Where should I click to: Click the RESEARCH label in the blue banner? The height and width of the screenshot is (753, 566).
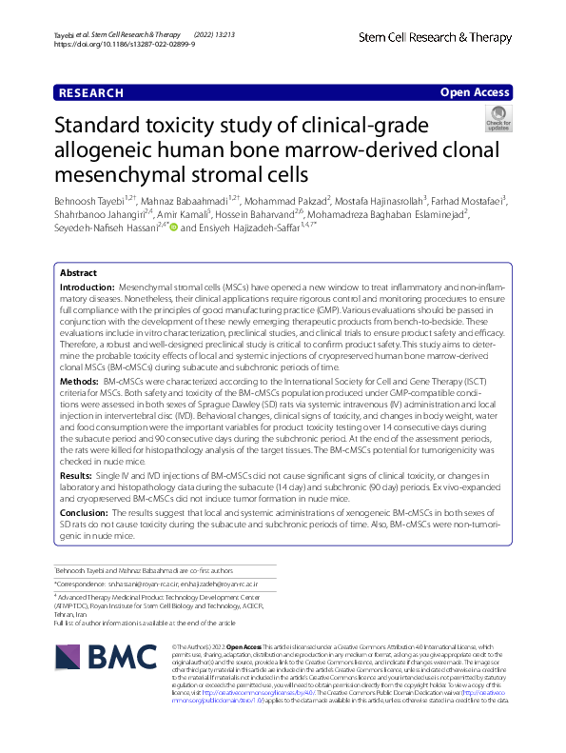coord(91,93)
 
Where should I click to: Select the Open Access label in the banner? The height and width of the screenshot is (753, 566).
coord(474,93)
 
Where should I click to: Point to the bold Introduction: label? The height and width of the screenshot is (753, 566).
coord(88,287)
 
